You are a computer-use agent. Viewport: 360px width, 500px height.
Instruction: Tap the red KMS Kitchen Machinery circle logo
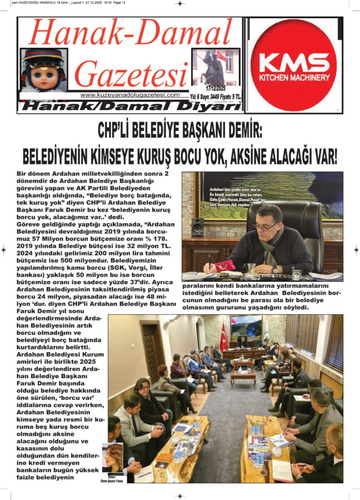293,65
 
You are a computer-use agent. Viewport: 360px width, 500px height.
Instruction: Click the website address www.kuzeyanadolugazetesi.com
130,95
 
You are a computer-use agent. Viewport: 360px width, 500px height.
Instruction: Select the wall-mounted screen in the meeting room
246,326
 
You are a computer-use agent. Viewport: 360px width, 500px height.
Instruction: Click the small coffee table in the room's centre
243,377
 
